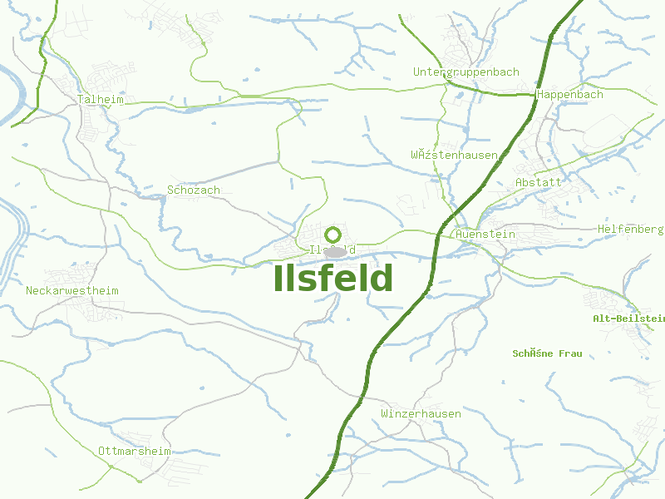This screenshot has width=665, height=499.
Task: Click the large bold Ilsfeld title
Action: click(x=332, y=279)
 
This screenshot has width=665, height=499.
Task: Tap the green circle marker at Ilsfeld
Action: click(x=332, y=235)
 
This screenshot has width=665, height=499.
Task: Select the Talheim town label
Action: click(x=100, y=100)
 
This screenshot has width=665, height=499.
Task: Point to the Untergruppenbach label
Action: click(x=465, y=72)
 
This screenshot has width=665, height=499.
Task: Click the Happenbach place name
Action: click(x=570, y=95)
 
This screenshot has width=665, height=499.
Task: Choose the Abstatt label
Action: click(x=539, y=182)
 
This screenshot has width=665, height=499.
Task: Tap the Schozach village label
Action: click(x=194, y=190)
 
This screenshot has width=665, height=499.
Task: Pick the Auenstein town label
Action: click(x=485, y=235)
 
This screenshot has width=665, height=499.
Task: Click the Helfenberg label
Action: click(x=630, y=230)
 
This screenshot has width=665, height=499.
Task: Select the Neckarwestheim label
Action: click(x=72, y=291)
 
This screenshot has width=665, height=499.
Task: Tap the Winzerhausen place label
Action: click(x=421, y=414)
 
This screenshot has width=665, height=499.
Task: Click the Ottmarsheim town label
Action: click(x=134, y=452)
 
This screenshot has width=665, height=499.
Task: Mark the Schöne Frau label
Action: click(x=547, y=354)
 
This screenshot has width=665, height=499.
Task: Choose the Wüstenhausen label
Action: click(x=454, y=156)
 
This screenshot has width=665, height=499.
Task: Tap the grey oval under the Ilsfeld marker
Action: click(x=334, y=251)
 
